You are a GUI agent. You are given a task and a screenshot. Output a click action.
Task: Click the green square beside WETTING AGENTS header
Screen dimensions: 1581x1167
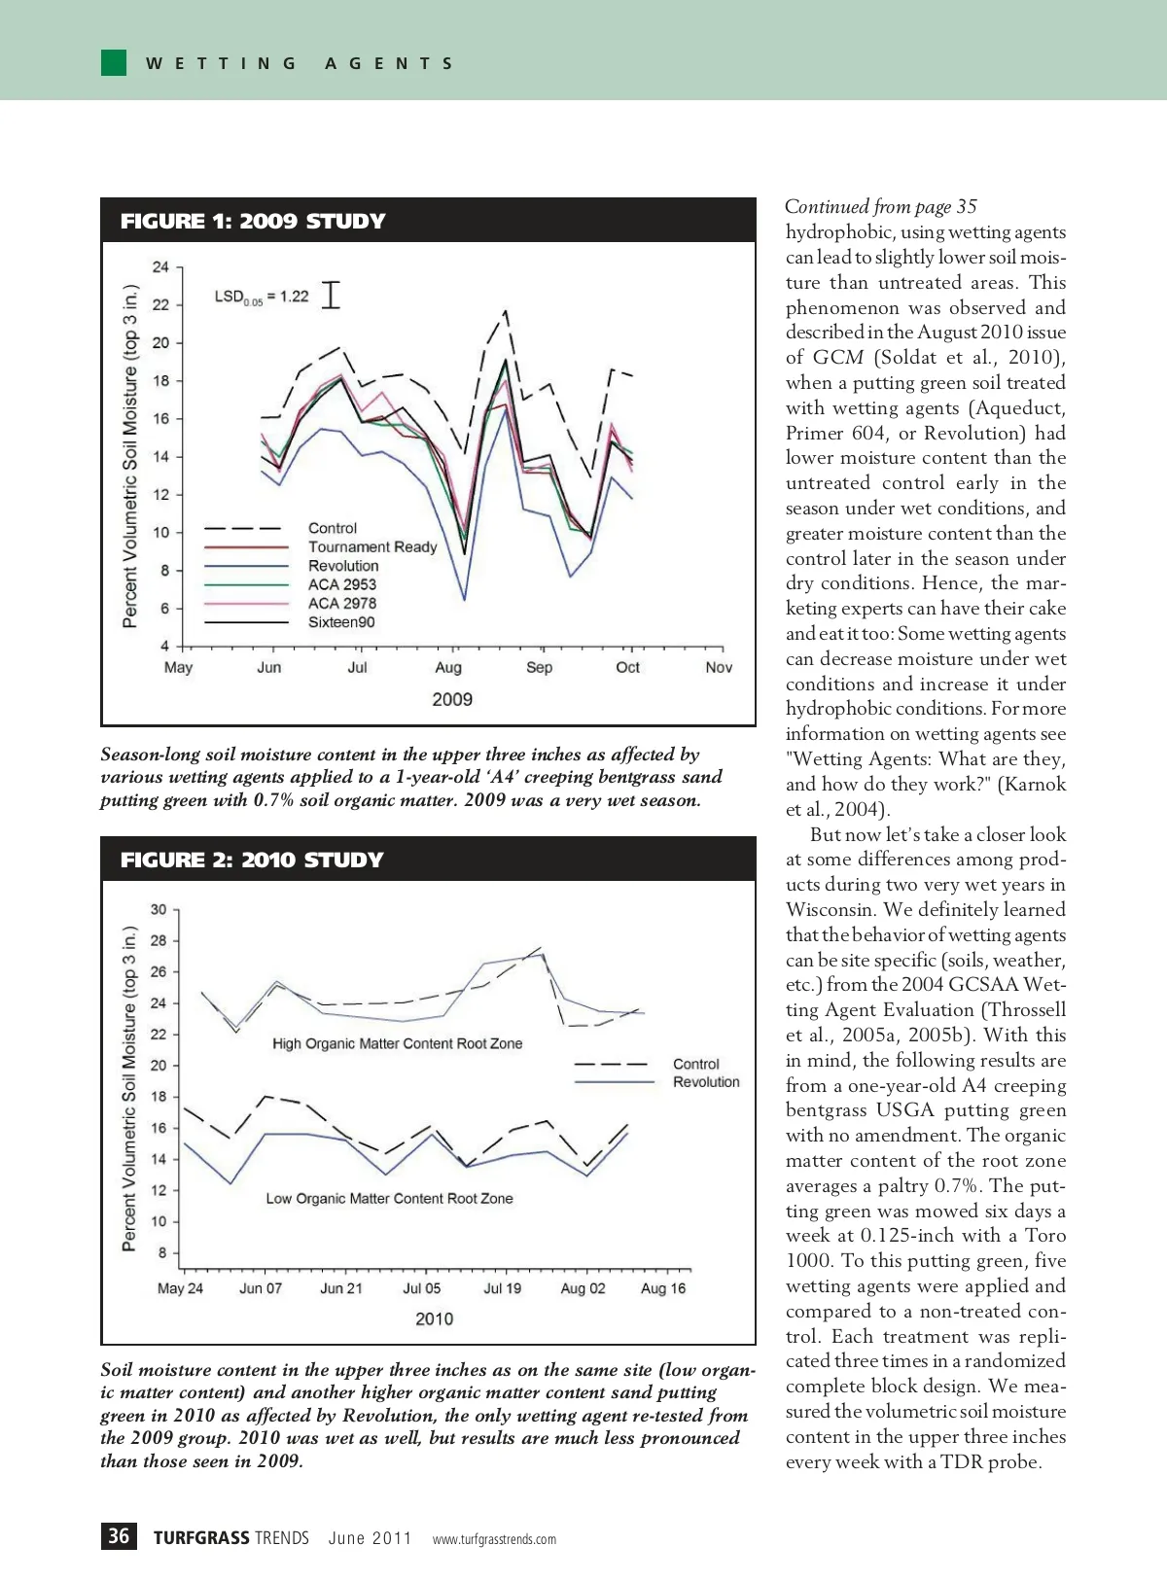pyautogui.click(x=114, y=62)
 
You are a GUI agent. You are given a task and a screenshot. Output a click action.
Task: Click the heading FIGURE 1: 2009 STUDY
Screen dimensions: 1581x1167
pyautogui.click(x=253, y=221)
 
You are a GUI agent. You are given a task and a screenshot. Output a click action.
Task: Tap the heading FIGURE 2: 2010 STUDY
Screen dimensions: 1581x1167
pyautogui.click(x=252, y=860)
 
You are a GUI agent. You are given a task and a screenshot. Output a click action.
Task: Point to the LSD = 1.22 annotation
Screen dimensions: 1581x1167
pyautogui.click(x=262, y=297)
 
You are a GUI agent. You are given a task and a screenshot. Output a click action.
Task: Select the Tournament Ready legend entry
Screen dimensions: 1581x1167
pyautogui.click(x=372, y=546)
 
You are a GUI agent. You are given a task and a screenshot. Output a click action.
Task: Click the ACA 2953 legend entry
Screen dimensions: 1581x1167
pyautogui.click(x=341, y=584)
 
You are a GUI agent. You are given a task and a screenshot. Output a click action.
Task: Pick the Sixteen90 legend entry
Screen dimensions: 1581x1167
pyautogui.click(x=341, y=622)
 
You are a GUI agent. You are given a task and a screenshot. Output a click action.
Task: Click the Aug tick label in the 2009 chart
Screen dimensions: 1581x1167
pyautogui.click(x=448, y=667)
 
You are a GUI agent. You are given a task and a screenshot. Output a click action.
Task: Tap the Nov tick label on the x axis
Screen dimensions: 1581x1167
pyautogui.click(x=719, y=667)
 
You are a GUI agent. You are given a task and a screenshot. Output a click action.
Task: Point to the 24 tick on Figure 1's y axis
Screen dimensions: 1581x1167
pyautogui.click(x=160, y=267)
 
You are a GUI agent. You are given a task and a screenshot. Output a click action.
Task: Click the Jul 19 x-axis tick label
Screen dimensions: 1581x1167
pyautogui.click(x=502, y=1288)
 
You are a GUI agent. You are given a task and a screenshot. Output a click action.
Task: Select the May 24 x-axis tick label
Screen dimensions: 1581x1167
pyautogui.click(x=180, y=1288)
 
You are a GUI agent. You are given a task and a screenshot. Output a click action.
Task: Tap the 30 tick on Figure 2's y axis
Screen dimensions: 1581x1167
pyautogui.click(x=159, y=910)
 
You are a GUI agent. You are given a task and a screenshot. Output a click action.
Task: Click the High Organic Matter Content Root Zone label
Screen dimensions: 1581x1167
pyautogui.click(x=397, y=1043)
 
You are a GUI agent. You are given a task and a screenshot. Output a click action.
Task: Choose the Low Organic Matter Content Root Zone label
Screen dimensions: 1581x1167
pyautogui.click(x=389, y=1199)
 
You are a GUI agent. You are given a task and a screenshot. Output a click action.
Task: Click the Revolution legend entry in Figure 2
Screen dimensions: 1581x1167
pyautogui.click(x=706, y=1082)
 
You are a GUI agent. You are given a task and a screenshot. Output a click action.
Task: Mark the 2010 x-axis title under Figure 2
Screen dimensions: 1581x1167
pyautogui.click(x=434, y=1319)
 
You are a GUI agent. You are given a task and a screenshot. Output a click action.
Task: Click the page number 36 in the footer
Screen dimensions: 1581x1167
pyautogui.click(x=119, y=1536)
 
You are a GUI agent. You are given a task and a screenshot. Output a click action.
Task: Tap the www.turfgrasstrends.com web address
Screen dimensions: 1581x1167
pyautogui.click(x=494, y=1539)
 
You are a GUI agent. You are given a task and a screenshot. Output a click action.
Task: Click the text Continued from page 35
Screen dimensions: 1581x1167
pyautogui.click(x=880, y=206)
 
